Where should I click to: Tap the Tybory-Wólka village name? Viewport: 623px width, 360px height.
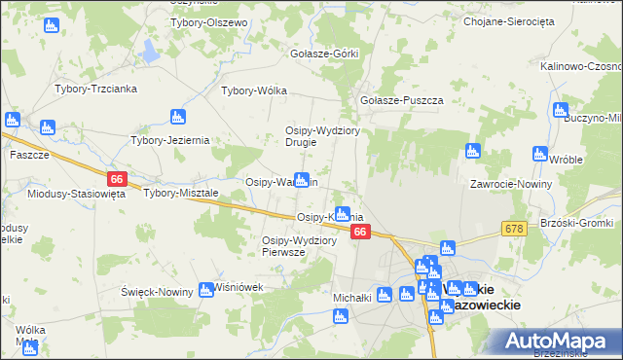pos(254,91)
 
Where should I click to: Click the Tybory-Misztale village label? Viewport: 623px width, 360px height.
pos(181,193)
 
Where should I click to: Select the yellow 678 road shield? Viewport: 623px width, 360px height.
pos(515,228)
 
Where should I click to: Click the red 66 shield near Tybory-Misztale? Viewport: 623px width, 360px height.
pos(117,179)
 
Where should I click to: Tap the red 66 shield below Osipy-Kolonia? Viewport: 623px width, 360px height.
pos(360,232)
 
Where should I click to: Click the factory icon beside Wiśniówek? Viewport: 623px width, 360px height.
pos(206,288)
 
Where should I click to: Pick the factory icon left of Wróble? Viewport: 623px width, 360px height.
pos(540,153)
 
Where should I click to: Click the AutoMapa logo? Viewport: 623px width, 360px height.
pos(552,341)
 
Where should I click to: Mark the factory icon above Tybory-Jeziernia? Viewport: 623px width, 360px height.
pos(177,117)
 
